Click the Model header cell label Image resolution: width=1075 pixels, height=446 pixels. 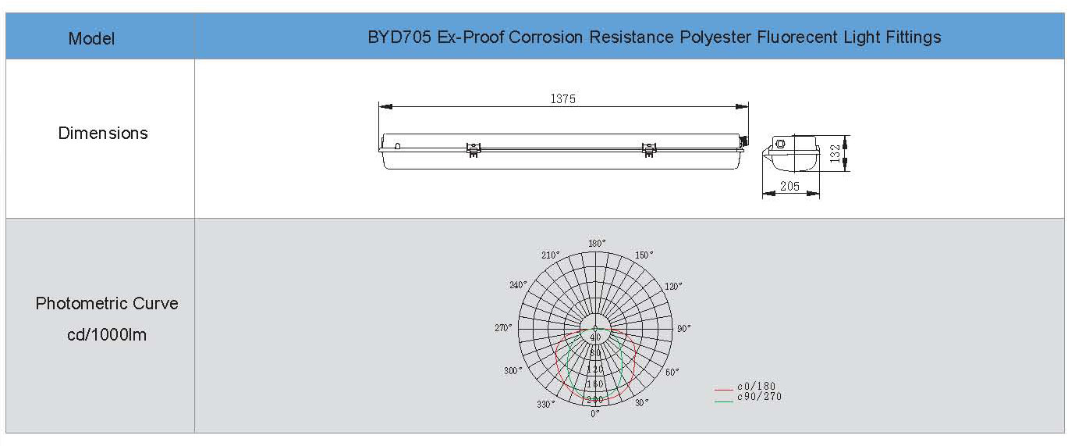point(91,38)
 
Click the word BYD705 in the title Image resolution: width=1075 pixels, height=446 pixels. point(399,37)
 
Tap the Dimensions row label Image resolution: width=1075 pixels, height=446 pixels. point(103,133)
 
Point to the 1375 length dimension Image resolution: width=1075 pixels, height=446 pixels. point(562,99)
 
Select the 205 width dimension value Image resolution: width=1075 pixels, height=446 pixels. point(789,186)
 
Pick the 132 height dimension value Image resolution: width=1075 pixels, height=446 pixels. point(835,153)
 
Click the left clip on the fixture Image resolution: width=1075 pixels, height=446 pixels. point(474,149)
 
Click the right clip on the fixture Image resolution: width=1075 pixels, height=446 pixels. point(649,149)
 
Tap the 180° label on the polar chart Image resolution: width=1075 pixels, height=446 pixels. point(597,243)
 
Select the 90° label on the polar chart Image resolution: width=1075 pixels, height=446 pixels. point(684,328)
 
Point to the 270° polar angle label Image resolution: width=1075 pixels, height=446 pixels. point(503,328)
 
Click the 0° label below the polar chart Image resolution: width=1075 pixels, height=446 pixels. point(595,414)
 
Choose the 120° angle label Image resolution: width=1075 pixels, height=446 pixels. point(673,287)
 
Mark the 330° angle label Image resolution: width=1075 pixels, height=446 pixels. point(545,404)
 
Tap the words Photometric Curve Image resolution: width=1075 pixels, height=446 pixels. point(107,303)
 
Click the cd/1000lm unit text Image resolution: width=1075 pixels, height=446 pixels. point(107,334)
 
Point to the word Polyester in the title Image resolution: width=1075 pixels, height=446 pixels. point(715,37)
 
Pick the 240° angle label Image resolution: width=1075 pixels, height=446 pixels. point(518,285)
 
